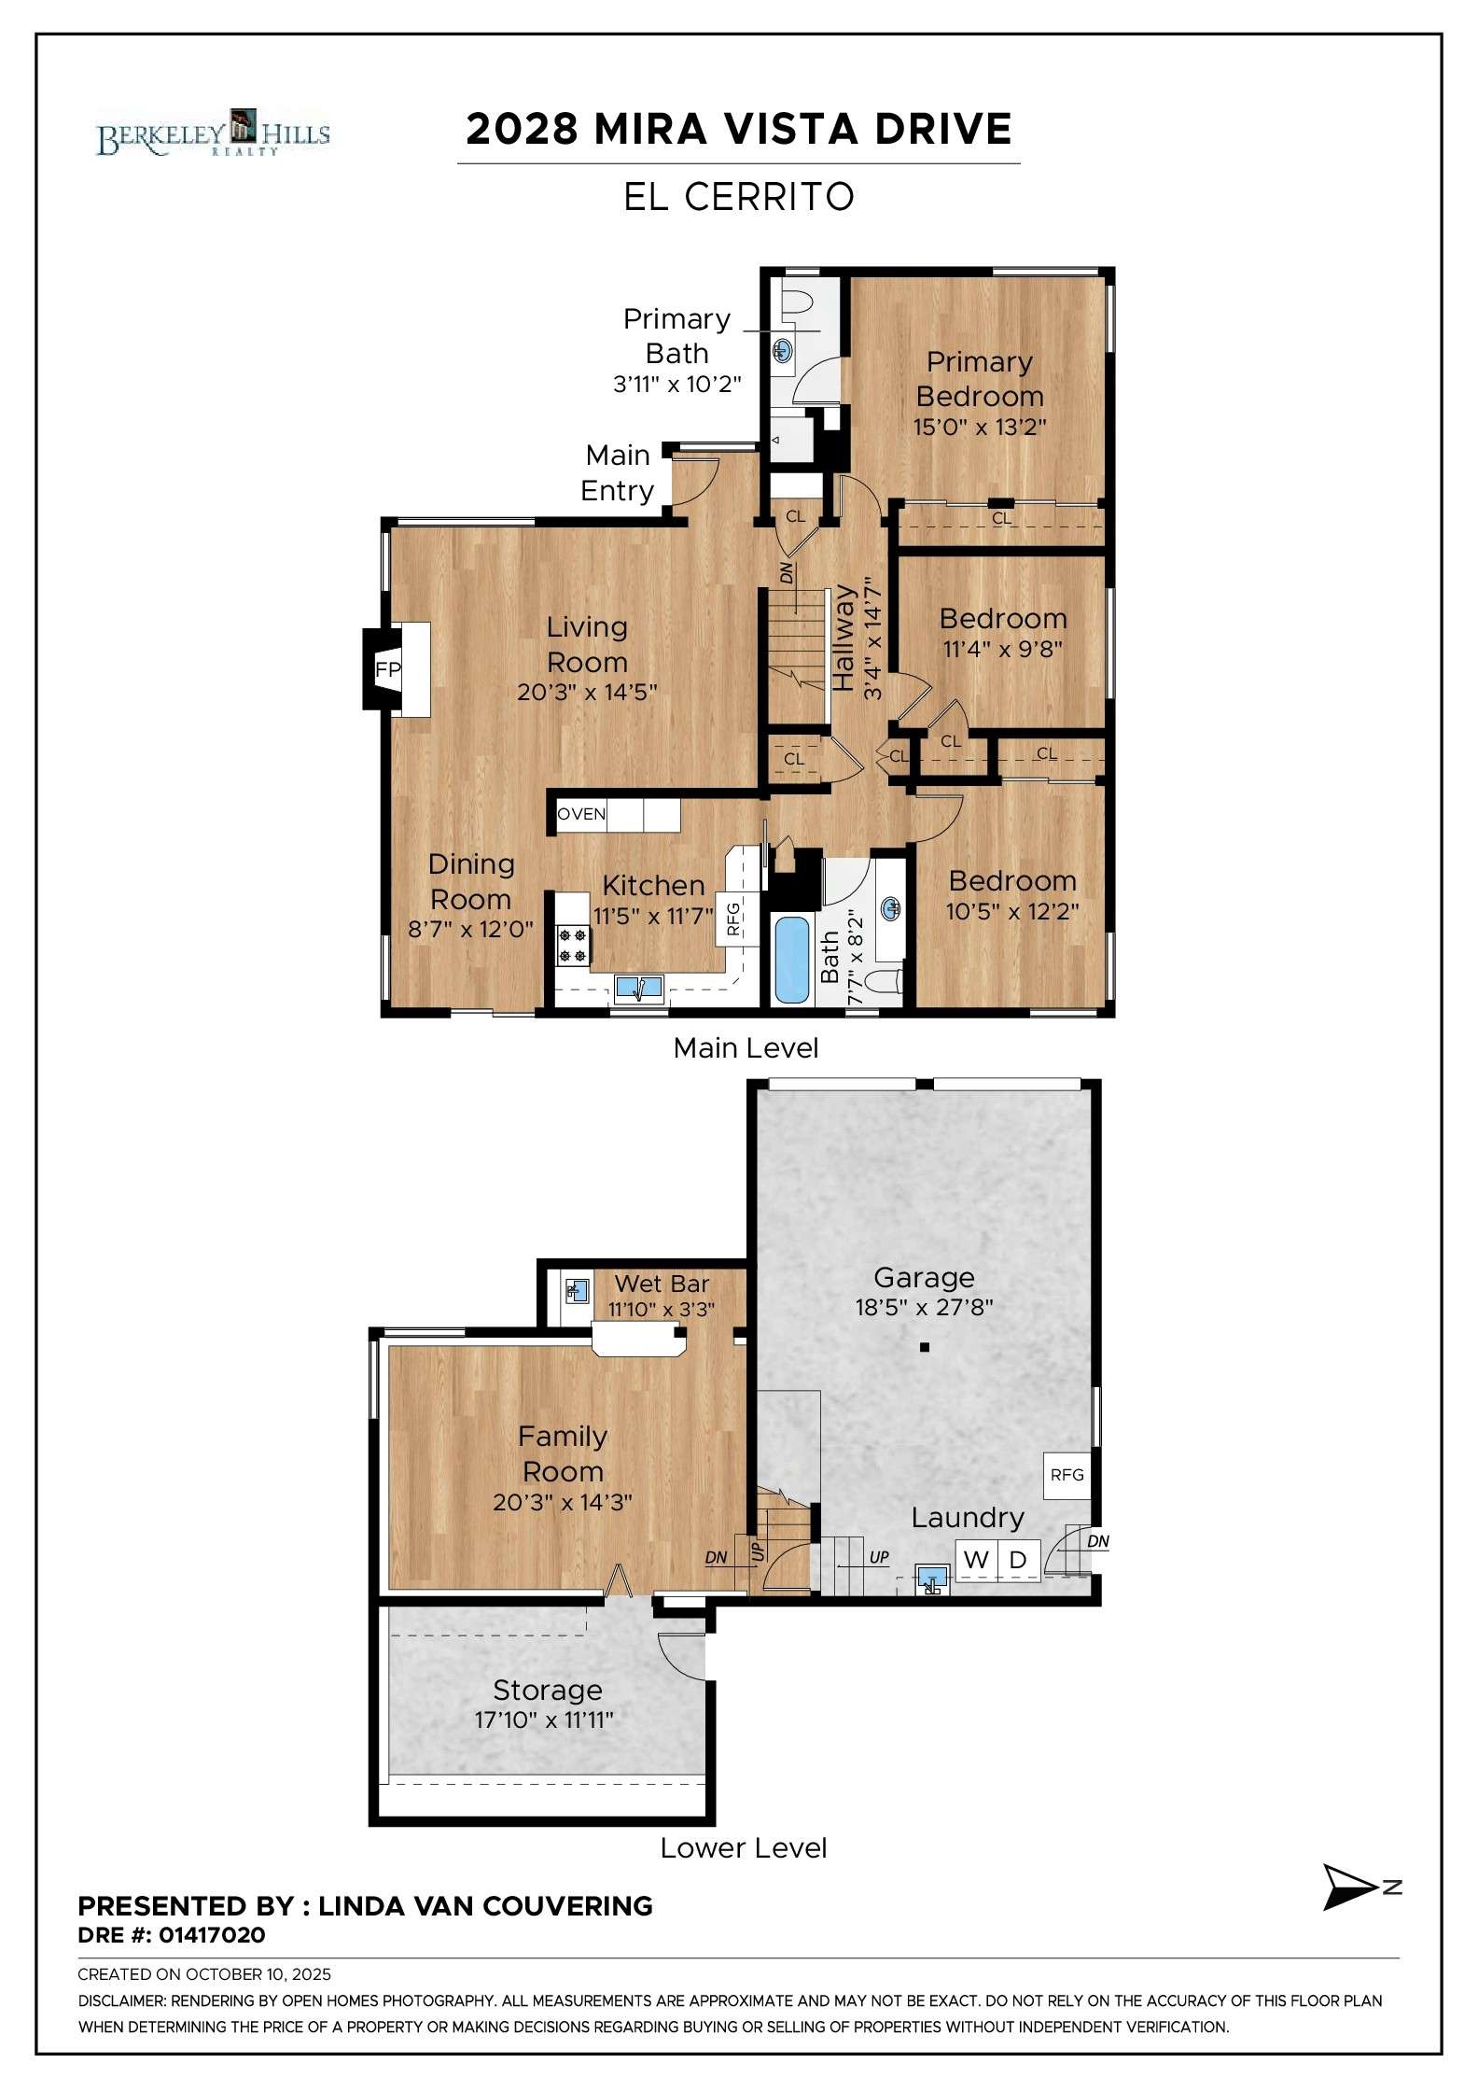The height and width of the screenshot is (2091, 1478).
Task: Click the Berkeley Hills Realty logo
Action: click(213, 132)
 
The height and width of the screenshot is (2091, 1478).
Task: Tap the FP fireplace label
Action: click(387, 669)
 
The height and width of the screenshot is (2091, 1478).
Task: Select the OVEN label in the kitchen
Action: click(581, 814)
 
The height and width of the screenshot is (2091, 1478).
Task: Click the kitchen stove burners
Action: click(573, 944)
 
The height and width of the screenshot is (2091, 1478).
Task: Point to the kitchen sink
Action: click(639, 987)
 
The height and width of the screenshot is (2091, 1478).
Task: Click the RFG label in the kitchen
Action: click(732, 918)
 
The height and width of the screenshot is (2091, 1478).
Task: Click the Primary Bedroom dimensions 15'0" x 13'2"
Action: click(980, 427)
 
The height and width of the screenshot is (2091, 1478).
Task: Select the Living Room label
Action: click(587, 644)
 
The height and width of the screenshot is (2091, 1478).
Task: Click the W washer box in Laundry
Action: click(976, 1559)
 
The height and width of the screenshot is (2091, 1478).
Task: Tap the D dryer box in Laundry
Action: click(1018, 1559)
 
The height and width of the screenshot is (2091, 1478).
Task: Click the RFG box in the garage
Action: click(1067, 1475)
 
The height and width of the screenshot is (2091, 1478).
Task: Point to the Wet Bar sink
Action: click(578, 1291)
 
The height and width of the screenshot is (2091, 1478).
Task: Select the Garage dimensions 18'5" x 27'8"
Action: click(924, 1307)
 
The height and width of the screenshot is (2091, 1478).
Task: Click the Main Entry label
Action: click(617, 472)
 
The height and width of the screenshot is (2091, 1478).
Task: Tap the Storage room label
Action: click(548, 1690)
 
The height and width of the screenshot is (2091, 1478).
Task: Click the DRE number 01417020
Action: click(212, 1935)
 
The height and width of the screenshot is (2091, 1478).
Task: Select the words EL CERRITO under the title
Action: click(739, 197)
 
